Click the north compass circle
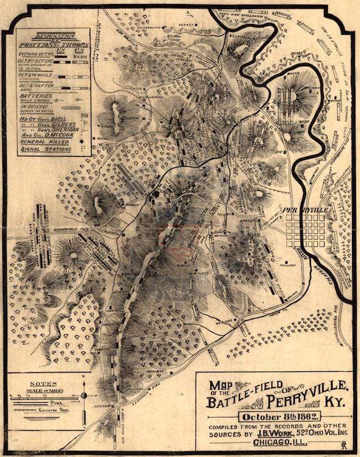(x=84, y=395)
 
